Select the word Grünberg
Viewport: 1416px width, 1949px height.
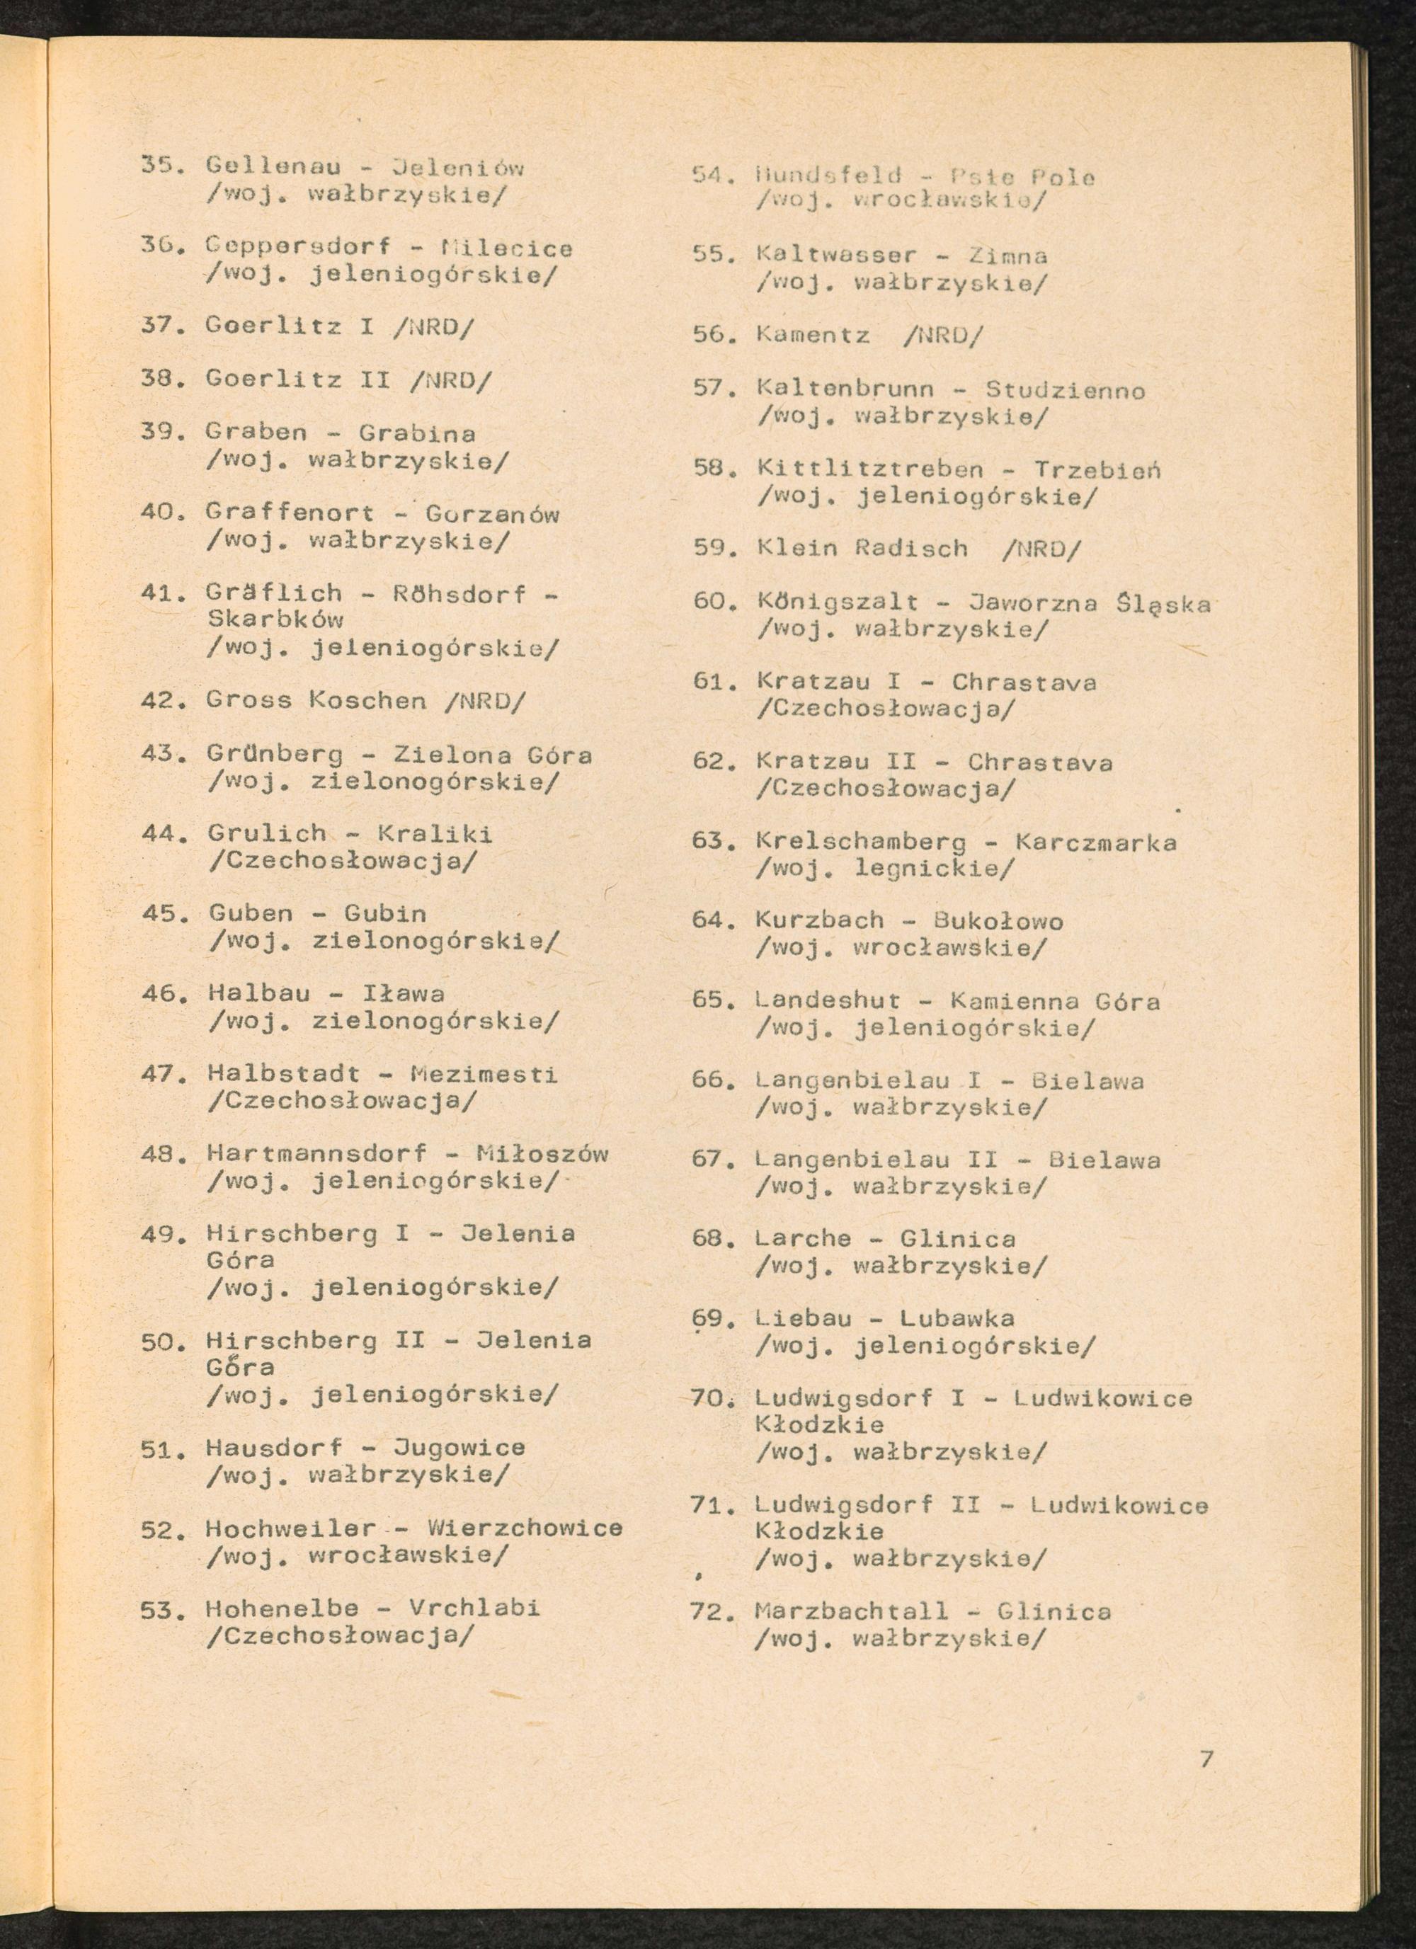(x=275, y=755)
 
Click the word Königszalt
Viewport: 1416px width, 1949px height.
(x=837, y=602)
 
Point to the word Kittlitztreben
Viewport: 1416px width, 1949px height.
(x=869, y=469)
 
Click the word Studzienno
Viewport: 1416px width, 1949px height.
(x=1065, y=391)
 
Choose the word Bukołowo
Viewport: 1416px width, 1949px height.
(x=998, y=921)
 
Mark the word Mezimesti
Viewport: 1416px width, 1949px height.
(x=484, y=1073)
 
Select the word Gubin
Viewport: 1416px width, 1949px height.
(x=385, y=913)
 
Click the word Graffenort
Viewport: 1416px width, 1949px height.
(x=290, y=513)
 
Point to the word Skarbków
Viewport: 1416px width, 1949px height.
(x=275, y=619)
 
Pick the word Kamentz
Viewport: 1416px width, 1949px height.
(x=813, y=335)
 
